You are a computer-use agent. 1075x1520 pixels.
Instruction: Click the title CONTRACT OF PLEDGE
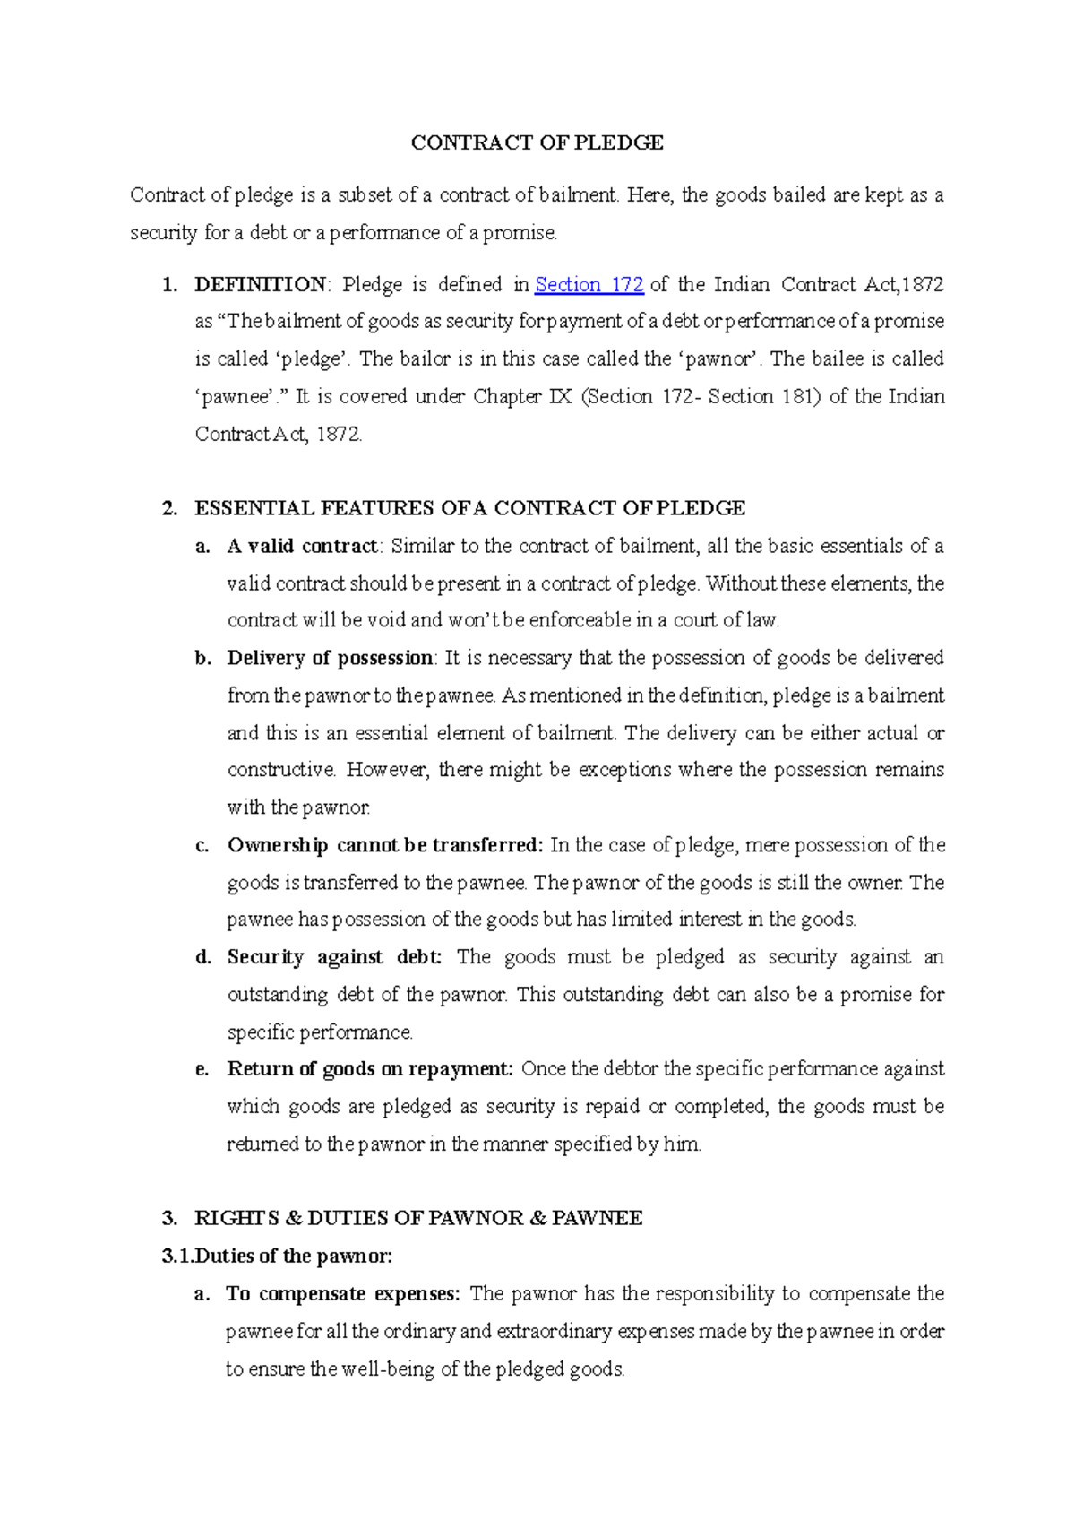tap(537, 142)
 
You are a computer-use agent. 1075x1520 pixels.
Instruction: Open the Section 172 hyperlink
tap(589, 285)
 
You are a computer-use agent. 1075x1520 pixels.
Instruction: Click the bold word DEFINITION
tap(261, 285)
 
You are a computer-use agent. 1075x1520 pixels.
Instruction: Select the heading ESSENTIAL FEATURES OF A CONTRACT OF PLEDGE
tap(469, 508)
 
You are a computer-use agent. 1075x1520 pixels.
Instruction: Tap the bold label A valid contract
tap(303, 546)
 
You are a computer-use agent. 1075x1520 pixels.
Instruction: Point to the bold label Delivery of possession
tap(330, 658)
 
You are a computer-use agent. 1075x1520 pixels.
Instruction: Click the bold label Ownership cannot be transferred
tap(385, 845)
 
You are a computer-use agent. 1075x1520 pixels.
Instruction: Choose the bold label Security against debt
tap(334, 957)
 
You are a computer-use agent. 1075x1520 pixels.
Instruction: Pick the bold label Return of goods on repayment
tap(369, 1069)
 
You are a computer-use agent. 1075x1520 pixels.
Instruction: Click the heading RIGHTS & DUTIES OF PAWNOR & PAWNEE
tap(418, 1218)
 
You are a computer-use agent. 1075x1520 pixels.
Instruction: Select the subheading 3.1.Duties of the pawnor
tap(277, 1256)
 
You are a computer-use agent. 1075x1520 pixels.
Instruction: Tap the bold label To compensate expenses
tap(343, 1293)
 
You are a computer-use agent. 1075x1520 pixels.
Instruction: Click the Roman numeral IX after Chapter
tap(560, 397)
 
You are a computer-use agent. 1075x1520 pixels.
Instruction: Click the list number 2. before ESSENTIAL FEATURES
tap(169, 508)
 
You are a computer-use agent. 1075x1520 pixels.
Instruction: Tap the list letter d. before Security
tap(203, 957)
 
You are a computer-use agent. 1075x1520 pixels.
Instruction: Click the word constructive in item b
tap(280, 770)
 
